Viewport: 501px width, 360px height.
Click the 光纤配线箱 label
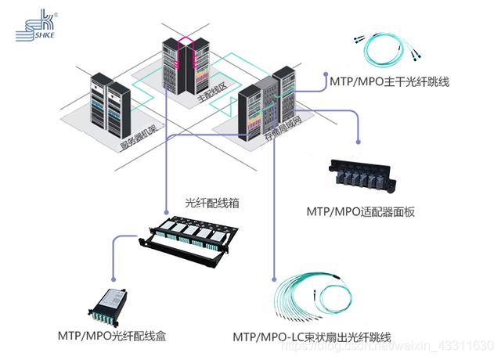click(x=211, y=203)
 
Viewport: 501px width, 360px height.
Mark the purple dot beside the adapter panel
click(x=359, y=142)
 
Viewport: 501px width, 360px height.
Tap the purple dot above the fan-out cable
click(x=274, y=278)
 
